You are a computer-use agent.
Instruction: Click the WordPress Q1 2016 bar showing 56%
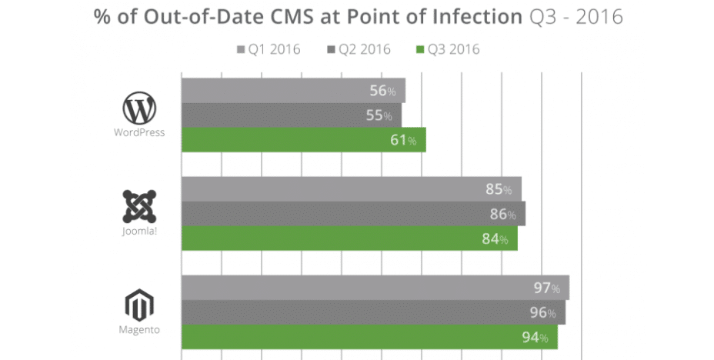[x=292, y=91]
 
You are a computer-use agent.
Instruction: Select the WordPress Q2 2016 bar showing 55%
[x=291, y=115]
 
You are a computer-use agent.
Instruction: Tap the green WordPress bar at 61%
[x=303, y=140]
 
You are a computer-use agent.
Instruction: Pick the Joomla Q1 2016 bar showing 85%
[x=351, y=189]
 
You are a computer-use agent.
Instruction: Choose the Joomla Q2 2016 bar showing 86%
[x=353, y=214]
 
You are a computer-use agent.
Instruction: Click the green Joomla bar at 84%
[x=349, y=238]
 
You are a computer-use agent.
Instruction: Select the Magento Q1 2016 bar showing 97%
[x=375, y=288]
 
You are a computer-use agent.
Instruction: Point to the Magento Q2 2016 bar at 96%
[x=373, y=312]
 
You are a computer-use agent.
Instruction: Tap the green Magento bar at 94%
[x=369, y=337]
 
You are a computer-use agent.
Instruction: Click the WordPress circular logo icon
[x=139, y=109]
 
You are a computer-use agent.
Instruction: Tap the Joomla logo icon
[x=139, y=207]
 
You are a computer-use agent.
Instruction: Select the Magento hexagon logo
[x=139, y=306]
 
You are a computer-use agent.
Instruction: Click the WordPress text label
[x=139, y=132]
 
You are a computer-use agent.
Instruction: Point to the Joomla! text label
[x=139, y=231]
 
